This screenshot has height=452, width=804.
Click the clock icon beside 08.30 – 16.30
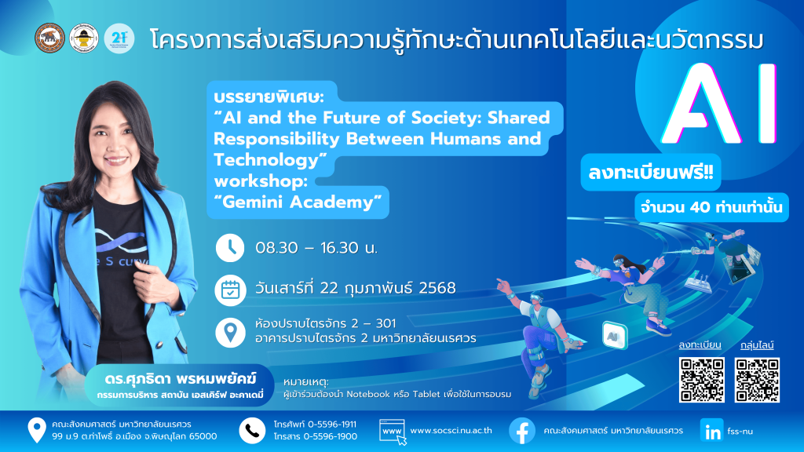point(230,248)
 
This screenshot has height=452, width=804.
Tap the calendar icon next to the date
point(230,290)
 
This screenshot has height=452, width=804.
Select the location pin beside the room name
point(230,332)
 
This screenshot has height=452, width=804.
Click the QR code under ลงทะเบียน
point(701,380)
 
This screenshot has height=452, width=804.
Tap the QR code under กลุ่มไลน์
point(757,380)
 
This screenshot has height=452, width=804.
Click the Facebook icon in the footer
point(522,431)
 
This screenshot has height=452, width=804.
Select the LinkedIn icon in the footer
point(711,431)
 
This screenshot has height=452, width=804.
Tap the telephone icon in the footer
point(252,431)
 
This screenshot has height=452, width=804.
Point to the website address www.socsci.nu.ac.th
point(451,431)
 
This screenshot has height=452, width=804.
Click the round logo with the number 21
point(119,38)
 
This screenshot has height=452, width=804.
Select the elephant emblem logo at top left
point(49,38)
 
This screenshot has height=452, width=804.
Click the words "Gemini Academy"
point(302,202)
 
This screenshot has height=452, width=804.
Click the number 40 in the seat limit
point(700,207)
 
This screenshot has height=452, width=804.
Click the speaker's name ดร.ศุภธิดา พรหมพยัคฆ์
point(180,379)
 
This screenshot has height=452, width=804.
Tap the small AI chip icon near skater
point(615,335)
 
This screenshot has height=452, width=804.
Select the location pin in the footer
point(36,430)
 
